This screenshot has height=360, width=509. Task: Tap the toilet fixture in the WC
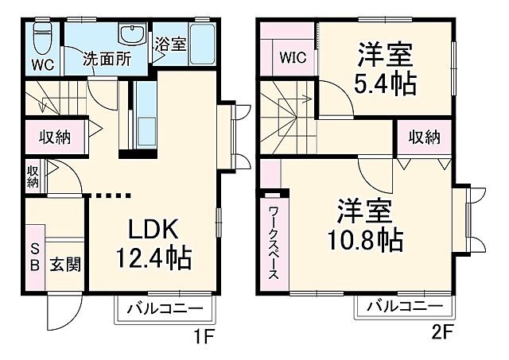pos(45,36)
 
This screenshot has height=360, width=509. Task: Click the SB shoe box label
pos(35,256)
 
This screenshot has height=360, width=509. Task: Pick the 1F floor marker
pos(204,337)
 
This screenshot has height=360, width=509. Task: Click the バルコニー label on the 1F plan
pos(163,308)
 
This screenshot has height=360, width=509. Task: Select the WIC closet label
pos(290,57)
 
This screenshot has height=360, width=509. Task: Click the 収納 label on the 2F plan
pos(425,137)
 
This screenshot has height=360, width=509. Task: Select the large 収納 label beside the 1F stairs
pos(55,137)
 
